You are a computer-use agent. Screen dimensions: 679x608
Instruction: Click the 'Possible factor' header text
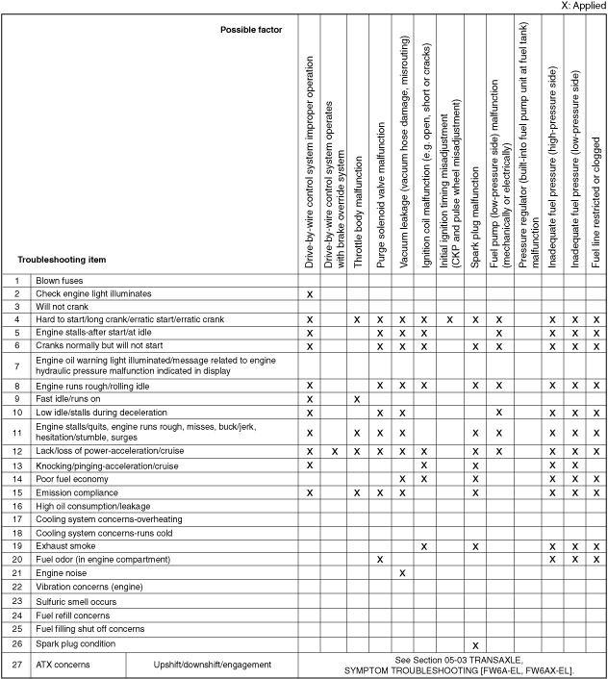pyautogui.click(x=251, y=30)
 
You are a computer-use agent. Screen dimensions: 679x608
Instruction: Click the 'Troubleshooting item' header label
pyautogui.click(x=62, y=260)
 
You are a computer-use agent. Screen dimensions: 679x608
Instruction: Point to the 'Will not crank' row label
pyautogui.click(x=63, y=305)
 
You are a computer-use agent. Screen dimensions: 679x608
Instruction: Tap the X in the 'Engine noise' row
pyautogui.click(x=402, y=572)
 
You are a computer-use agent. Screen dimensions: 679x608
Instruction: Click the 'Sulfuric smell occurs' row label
pyautogui.click(x=76, y=601)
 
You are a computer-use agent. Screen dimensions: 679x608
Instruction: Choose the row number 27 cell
pyautogui.click(x=17, y=665)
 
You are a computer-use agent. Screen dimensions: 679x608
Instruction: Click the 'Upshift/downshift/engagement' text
pyautogui.click(x=213, y=665)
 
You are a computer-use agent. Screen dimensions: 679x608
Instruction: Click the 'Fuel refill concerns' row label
pyautogui.click(x=72, y=615)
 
